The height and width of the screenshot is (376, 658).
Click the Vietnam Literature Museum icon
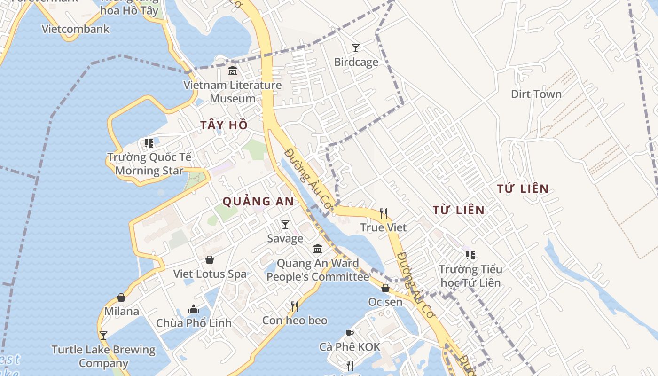point(232,71)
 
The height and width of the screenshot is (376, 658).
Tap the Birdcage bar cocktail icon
point(356,47)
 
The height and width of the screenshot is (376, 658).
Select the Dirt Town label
point(536,94)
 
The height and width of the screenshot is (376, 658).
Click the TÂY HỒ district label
point(224,125)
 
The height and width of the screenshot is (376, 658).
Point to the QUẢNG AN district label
point(258,202)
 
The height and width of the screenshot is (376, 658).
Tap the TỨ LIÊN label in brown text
point(523,189)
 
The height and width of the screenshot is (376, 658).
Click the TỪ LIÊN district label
point(458,210)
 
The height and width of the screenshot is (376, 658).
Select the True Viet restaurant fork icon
point(384,213)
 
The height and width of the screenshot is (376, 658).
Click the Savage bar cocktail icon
point(285,225)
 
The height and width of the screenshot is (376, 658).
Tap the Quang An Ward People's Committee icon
point(318,249)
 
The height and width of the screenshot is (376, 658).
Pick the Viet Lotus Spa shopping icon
point(210,260)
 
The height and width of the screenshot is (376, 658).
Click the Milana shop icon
point(121,298)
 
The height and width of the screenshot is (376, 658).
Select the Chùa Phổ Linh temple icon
point(194,309)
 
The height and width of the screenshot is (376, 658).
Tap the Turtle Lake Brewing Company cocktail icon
point(103,336)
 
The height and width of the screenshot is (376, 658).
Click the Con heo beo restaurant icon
point(295,306)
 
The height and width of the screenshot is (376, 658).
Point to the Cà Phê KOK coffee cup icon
point(349,333)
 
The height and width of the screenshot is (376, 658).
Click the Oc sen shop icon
point(385,288)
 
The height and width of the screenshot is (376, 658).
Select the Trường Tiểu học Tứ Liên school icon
point(470,255)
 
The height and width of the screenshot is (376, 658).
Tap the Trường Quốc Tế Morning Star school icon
point(149,143)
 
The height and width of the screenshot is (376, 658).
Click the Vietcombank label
point(75,29)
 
